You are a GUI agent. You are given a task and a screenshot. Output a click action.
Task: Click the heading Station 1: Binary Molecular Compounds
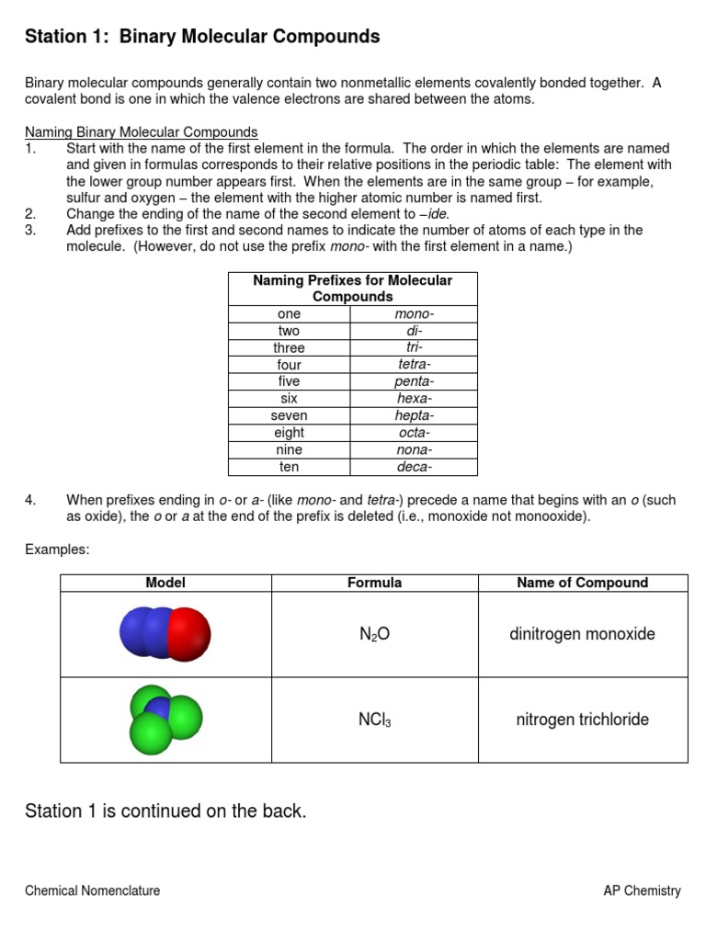(x=202, y=37)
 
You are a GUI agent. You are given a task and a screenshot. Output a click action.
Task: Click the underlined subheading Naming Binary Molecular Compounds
(x=142, y=132)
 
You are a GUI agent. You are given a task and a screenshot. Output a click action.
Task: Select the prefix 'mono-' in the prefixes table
(x=414, y=314)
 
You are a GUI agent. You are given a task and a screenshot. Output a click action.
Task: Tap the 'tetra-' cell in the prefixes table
(x=414, y=365)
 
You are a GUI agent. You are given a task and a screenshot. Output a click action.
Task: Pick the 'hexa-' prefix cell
(x=414, y=399)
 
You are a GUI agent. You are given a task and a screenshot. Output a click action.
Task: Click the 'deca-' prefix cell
(x=414, y=467)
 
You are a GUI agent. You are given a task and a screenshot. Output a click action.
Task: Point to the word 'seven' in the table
(x=289, y=416)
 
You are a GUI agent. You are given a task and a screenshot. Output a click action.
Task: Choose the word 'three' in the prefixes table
(x=289, y=348)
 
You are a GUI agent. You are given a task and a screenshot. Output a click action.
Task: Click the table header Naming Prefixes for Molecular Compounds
(x=352, y=289)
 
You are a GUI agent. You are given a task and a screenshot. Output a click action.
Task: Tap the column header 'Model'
(x=165, y=583)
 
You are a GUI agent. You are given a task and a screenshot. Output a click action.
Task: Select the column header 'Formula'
(x=374, y=583)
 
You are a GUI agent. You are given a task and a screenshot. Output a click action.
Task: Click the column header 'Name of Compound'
(x=582, y=583)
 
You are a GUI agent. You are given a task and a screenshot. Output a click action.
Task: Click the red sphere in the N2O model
(x=189, y=634)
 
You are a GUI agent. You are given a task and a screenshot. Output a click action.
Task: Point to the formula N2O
(x=374, y=634)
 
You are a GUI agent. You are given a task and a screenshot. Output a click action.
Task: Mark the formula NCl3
(x=374, y=720)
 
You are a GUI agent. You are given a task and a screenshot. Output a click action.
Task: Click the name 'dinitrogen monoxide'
(x=582, y=634)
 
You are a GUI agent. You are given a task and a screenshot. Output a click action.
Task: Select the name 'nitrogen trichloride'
(x=582, y=720)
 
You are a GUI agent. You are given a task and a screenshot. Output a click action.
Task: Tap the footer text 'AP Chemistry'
(x=642, y=890)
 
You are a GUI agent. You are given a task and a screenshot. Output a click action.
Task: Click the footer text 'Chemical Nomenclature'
(x=93, y=890)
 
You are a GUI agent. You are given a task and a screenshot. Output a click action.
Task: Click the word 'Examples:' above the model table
(x=56, y=549)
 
